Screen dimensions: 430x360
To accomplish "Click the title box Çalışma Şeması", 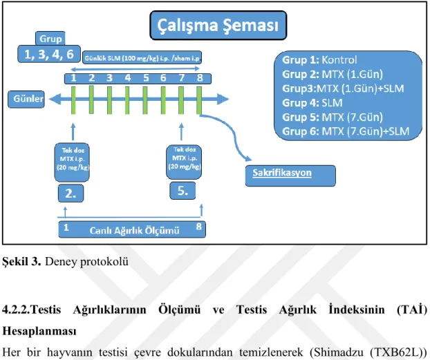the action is [x=218, y=26].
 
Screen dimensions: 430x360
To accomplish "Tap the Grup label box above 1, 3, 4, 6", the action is [x=50, y=39].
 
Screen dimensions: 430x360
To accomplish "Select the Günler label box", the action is [x=26, y=99].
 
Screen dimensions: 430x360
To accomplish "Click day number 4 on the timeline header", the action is [x=127, y=78].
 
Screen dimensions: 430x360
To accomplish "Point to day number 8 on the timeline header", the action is [x=200, y=78].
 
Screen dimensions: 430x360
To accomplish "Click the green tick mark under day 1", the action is [x=73, y=100].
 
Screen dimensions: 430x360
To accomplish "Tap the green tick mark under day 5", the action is [x=145, y=100].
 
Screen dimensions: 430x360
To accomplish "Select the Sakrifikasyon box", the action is [x=290, y=176].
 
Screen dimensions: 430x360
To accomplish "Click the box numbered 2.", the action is [x=71, y=193].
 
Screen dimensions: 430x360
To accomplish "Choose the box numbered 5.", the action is [x=183, y=191].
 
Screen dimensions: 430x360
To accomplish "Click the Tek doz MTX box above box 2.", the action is [x=72, y=162].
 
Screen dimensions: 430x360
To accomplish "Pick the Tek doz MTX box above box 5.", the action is [x=184, y=162].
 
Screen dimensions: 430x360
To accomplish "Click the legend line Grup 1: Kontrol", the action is [x=319, y=60].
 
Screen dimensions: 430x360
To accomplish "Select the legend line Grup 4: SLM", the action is [x=312, y=103].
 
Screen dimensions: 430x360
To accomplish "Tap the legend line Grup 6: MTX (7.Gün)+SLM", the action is [x=346, y=131].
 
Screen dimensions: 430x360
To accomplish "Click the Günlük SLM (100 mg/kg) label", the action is [x=142, y=57].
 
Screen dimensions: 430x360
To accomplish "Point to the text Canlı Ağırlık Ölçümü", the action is [x=134, y=231].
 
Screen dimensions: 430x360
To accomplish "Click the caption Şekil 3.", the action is [x=21, y=262].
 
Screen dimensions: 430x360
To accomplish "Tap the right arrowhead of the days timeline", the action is [x=223, y=99].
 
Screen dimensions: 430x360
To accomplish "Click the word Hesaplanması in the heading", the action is [x=39, y=331].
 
